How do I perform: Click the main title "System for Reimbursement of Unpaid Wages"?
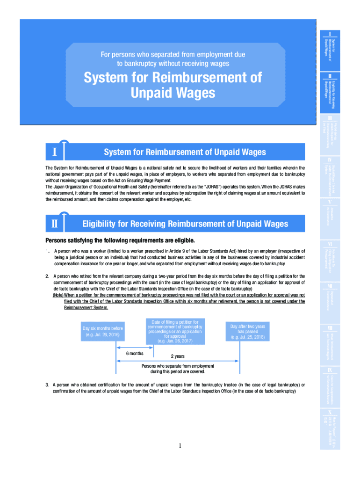coord(173,85)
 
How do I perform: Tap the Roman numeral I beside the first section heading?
coord(55,152)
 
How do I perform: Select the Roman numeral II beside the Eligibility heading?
coord(55,224)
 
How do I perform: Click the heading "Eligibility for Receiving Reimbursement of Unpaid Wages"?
coord(185,224)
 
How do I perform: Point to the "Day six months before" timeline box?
coord(102,332)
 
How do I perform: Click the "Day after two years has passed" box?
coord(247,332)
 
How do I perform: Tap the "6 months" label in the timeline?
coord(135,353)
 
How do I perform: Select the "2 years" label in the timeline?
coord(177,356)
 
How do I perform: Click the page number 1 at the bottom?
coord(180,445)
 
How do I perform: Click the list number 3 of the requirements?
coord(47,385)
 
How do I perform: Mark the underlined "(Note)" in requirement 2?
coord(58,295)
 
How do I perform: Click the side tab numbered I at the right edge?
coord(330,34)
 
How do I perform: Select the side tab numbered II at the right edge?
coord(330,76)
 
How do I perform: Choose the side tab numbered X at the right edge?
coord(330,413)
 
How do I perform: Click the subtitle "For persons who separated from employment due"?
coord(173,55)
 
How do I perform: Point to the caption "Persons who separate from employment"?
coord(178,366)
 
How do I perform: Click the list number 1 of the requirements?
coord(47,251)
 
